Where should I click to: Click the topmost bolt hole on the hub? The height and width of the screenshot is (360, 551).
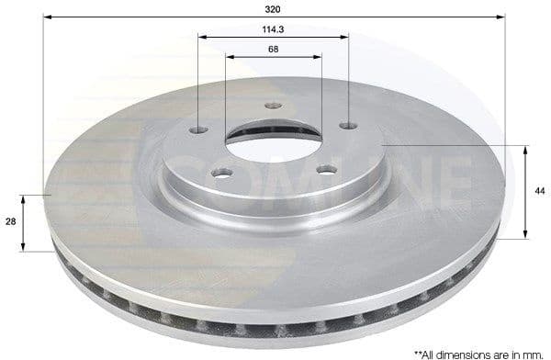(x=272, y=105)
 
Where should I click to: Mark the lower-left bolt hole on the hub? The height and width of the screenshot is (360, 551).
(x=221, y=172)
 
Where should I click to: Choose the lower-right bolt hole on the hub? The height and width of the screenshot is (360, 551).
(x=323, y=167)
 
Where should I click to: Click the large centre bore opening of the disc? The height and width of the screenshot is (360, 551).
(x=273, y=138)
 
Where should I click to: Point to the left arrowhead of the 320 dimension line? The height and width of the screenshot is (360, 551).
(x=47, y=16)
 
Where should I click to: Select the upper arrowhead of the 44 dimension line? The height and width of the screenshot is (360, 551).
(x=524, y=148)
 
